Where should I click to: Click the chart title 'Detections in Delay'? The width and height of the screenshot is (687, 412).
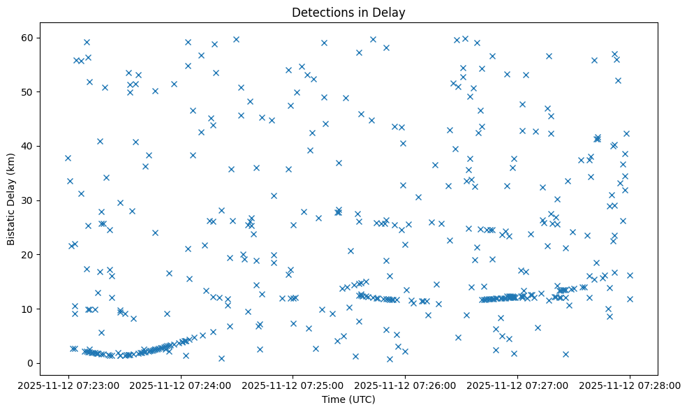coord(348,13)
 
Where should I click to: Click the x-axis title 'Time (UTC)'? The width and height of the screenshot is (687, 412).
coord(348,399)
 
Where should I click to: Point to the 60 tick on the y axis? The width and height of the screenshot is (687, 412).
coord(34,38)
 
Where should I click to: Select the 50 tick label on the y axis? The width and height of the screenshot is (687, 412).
coord(34,92)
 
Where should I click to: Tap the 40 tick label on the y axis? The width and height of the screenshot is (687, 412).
coord(34,146)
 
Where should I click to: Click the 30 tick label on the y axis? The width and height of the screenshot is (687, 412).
coord(34,200)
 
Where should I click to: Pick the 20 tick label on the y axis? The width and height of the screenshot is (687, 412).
coord(34,255)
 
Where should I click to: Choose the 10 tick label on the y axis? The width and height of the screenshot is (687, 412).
coord(34,309)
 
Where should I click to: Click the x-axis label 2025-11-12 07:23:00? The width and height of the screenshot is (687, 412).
coord(68,385)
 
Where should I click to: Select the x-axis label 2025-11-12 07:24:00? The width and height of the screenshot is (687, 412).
coord(181,385)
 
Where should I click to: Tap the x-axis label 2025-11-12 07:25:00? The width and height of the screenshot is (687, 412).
coord(293,385)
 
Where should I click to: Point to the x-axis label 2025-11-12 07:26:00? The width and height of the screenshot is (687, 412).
coord(406,385)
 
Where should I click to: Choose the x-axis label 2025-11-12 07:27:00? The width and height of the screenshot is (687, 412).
coord(517,385)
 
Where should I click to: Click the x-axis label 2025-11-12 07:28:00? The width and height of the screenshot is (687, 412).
coord(630,385)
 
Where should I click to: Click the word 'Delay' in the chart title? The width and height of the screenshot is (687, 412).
coord(391,13)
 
